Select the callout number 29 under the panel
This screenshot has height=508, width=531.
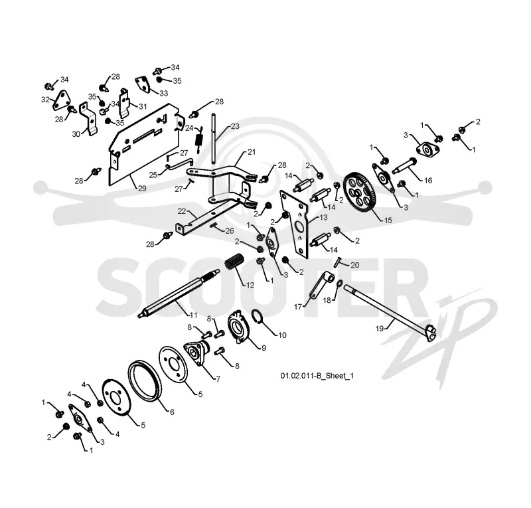pos(142,189)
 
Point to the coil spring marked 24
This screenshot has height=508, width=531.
pos(200,138)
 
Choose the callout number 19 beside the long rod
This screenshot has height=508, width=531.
pos(380,329)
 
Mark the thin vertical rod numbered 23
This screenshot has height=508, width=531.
pos(213,139)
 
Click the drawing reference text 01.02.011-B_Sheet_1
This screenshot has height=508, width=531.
pos(317,375)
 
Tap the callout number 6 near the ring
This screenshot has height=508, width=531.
pos(172,412)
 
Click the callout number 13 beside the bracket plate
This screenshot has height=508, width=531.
pos(324,217)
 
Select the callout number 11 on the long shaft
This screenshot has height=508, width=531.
pos(193,315)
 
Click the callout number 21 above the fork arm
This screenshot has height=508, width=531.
pos(252,152)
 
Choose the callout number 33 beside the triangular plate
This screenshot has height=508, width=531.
pos(164,93)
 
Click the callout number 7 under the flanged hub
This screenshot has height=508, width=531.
pos(218,379)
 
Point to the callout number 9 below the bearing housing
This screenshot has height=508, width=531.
pos(264,348)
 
